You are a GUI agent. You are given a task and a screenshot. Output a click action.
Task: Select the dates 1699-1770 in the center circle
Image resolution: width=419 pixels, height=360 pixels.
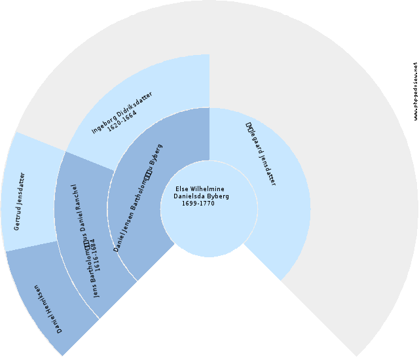[198, 203]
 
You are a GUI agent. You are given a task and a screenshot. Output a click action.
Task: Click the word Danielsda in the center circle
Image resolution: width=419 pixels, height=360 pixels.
[190, 196]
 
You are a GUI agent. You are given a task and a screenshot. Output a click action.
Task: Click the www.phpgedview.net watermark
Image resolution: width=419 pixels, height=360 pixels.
[415, 92]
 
